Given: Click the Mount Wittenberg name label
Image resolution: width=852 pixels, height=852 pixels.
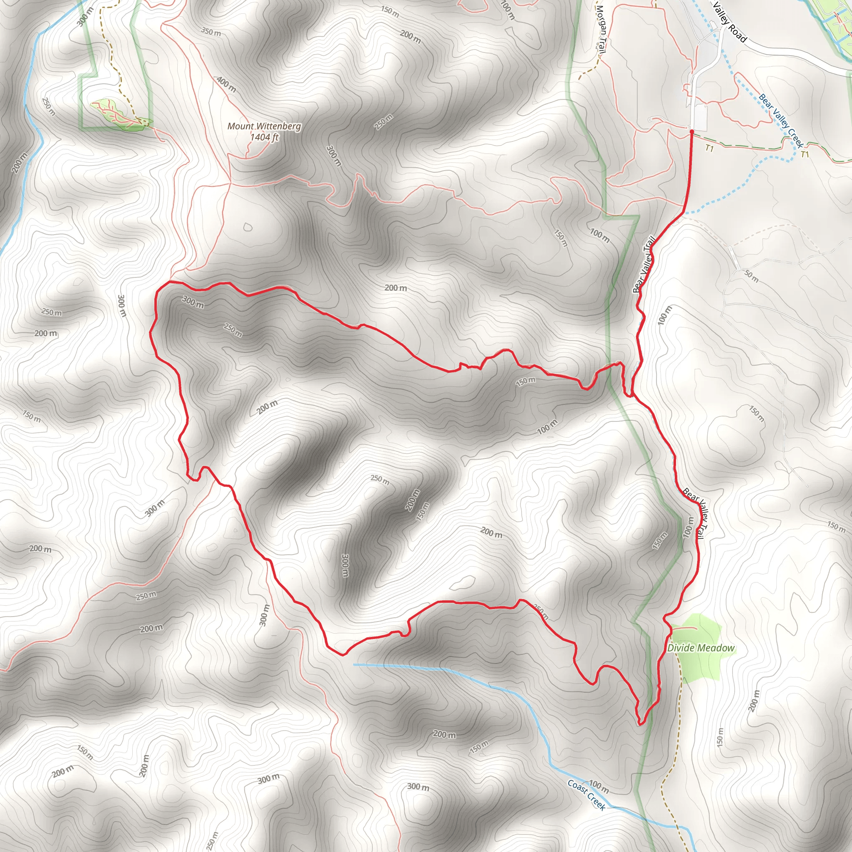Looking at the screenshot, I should click(x=264, y=126).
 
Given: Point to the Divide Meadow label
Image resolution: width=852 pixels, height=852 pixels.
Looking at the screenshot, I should click(x=701, y=648).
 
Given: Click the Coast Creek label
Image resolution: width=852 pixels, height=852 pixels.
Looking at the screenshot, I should click(x=587, y=795).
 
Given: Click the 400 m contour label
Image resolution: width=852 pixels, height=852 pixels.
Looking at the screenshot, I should click(x=226, y=84).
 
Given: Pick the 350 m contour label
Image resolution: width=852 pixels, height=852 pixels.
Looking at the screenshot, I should click(x=211, y=32).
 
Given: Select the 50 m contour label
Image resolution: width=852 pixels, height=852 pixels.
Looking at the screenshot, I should click(x=751, y=277).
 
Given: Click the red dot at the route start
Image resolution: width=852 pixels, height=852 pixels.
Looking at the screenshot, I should click(x=691, y=132).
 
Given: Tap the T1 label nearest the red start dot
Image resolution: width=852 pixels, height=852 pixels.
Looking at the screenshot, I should click(x=709, y=148).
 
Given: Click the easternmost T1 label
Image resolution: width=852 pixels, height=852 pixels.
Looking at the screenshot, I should click(x=805, y=154).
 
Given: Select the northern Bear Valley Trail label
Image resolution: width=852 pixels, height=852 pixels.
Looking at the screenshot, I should click(x=644, y=265).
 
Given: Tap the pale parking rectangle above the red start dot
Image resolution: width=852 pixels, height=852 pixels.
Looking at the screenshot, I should click(x=700, y=117).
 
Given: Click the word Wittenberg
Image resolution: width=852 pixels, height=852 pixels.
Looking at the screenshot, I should click(x=279, y=126).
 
